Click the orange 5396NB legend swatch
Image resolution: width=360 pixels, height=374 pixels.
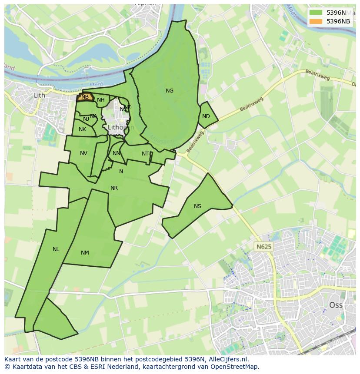[x=317, y=21]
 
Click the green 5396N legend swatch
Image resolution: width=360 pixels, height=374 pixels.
[x=317, y=13]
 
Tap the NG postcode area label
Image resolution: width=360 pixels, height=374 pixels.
[x=170, y=91]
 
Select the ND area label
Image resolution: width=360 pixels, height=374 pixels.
[x=206, y=116]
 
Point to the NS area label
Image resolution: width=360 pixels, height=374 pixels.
[x=198, y=206]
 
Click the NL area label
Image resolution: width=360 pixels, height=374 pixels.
[x=56, y=249]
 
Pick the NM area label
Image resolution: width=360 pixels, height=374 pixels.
[x=85, y=253]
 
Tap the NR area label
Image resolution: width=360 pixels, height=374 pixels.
[x=114, y=188]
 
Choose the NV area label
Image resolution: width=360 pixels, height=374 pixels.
[x=83, y=153]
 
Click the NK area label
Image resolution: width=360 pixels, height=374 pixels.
[x=82, y=129]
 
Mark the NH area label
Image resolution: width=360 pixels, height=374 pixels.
[x=101, y=100]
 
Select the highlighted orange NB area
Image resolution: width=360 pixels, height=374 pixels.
[x=85, y=97]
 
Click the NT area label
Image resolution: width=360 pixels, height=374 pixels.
[x=145, y=154]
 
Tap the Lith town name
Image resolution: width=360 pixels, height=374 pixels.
[x=40, y=95]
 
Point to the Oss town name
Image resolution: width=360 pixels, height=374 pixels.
[x=336, y=305]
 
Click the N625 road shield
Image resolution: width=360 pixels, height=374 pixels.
[x=263, y=247]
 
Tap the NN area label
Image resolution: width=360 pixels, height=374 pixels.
[x=117, y=153]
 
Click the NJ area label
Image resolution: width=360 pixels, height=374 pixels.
[x=86, y=119]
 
